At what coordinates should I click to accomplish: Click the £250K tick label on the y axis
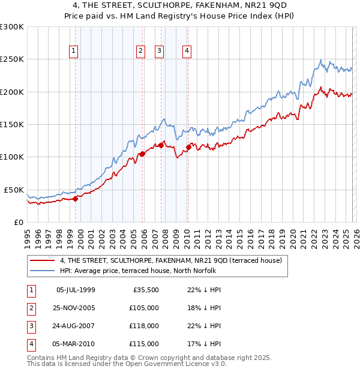pyautogui.click(x=12, y=59)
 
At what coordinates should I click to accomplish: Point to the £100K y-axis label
pyautogui.click(x=12, y=157)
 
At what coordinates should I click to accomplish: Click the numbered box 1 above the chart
pyautogui.click(x=73, y=51)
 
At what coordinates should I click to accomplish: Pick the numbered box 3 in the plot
pyautogui.click(x=160, y=51)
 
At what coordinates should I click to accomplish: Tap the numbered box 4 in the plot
pyautogui.click(x=187, y=51)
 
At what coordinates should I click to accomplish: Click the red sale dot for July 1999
pyautogui.click(x=75, y=199)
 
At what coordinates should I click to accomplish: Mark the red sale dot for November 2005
pyautogui.click(x=142, y=154)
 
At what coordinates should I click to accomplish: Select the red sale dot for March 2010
pyautogui.click(x=188, y=147)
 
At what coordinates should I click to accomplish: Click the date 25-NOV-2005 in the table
pyautogui.click(x=76, y=308)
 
